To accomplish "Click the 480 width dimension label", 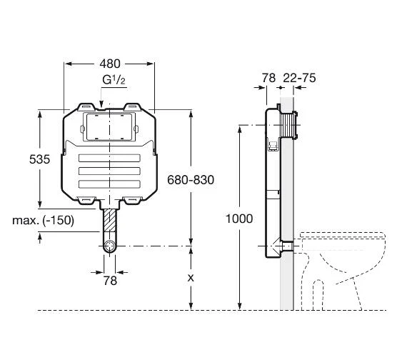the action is click(110, 64).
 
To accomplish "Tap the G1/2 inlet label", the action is click(114, 80).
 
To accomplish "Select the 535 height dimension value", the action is click(39, 159).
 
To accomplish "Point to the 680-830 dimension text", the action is click(191, 180).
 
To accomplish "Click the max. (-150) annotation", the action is click(43, 220).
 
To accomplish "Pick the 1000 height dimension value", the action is click(239, 219).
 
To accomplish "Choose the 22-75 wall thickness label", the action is click(299, 78).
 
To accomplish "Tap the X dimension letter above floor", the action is click(191, 278).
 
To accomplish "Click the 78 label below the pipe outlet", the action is click(110, 281).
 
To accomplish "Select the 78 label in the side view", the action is click(268, 78).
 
